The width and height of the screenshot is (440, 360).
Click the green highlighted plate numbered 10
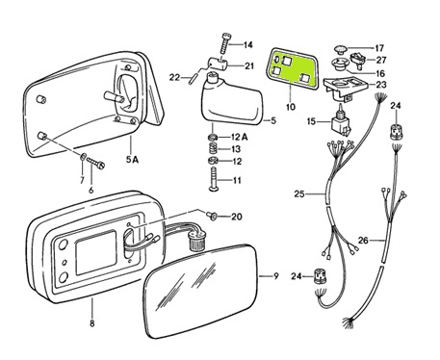(292, 68)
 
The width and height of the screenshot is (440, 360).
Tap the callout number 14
(247, 45)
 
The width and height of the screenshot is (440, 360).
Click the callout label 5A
(132, 159)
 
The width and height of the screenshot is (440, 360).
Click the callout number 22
(174, 77)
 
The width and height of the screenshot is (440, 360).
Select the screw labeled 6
(95, 164)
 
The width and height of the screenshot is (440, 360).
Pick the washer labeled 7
(83, 157)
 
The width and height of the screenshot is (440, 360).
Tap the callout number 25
(299, 194)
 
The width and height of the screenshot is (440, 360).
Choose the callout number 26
(363, 240)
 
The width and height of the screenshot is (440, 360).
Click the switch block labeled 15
(341, 126)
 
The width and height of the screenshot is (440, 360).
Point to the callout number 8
(92, 322)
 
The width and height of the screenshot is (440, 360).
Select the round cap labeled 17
(341, 49)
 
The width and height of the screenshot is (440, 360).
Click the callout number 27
(381, 60)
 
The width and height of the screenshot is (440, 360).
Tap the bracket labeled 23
(345, 88)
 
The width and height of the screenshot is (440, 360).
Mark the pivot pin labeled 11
(214, 179)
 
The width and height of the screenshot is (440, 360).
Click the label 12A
(240, 138)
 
